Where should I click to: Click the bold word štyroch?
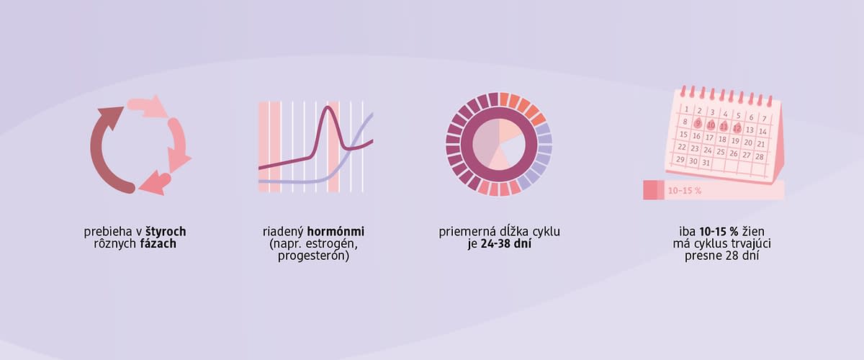166,232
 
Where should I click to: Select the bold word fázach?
158,244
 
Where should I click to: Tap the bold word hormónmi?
336,232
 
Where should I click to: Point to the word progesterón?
314,256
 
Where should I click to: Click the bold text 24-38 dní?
506,244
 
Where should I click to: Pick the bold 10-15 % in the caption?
719,232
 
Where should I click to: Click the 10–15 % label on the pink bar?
685,191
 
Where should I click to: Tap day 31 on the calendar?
706,163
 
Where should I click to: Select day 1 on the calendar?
687,109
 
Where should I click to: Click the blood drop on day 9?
698,123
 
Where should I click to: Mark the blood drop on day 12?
737,127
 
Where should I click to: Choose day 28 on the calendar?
760,157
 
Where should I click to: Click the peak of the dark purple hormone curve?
328,107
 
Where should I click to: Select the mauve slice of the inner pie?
485,143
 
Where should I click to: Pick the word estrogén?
330,244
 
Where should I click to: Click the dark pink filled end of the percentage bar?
653,190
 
